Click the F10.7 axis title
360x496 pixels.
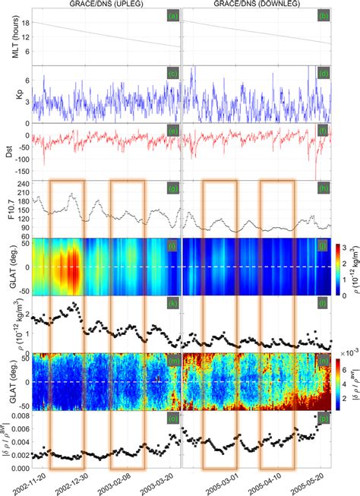[x=9, y=208]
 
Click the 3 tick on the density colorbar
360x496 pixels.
[x=343, y=248]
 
